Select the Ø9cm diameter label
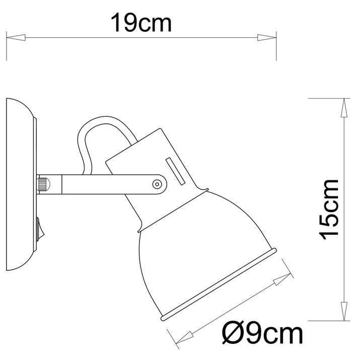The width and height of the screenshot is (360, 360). pyautogui.click(x=262, y=333)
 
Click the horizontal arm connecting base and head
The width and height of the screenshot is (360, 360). pyautogui.click(x=101, y=183)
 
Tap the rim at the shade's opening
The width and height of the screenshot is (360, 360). pyautogui.click(x=219, y=284)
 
